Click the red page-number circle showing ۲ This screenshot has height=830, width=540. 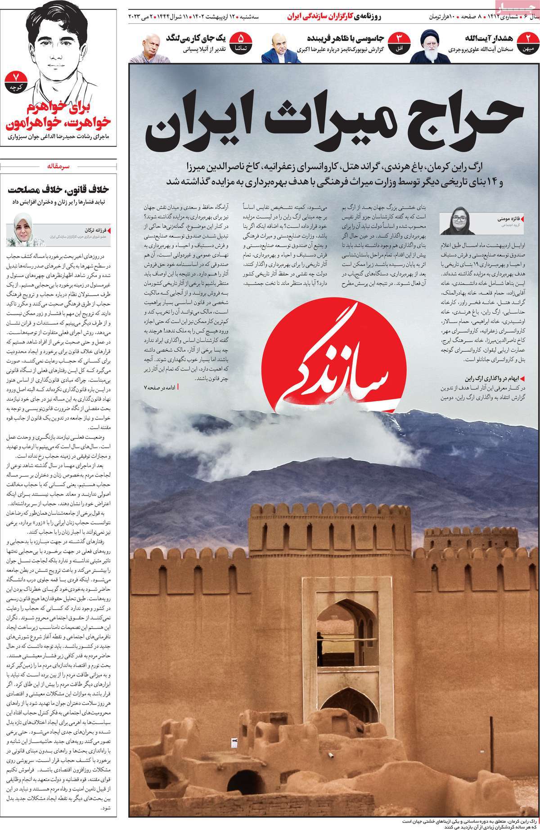pos(530,42)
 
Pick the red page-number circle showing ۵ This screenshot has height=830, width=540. pos(240,42)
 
